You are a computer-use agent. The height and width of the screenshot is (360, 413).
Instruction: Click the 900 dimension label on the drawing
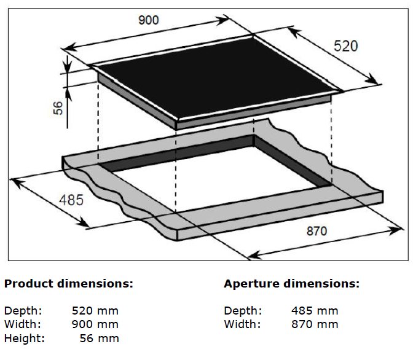(x=147, y=20)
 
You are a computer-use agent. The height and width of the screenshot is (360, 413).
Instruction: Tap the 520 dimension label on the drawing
(x=345, y=47)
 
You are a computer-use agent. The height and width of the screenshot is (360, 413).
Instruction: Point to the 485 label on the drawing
(x=71, y=200)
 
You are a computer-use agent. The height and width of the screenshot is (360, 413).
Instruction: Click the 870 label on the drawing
(x=317, y=232)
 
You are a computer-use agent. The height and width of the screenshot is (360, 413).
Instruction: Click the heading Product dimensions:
(x=68, y=284)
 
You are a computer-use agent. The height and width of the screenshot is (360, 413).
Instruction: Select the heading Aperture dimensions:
(x=291, y=284)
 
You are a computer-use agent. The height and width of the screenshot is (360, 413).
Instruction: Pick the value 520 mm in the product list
(x=95, y=311)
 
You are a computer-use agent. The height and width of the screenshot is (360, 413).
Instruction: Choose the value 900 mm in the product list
(x=95, y=324)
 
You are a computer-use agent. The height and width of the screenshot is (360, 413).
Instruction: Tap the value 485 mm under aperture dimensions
(x=315, y=311)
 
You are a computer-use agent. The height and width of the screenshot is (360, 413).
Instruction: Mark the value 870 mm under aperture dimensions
(x=315, y=324)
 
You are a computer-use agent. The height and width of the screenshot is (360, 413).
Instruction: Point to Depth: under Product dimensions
(x=23, y=311)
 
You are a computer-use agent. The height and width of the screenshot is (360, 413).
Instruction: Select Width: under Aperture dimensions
(x=242, y=324)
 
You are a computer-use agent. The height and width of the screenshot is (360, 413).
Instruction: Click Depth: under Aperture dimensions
(x=243, y=311)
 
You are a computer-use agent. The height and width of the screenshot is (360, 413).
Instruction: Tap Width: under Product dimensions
(x=23, y=324)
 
